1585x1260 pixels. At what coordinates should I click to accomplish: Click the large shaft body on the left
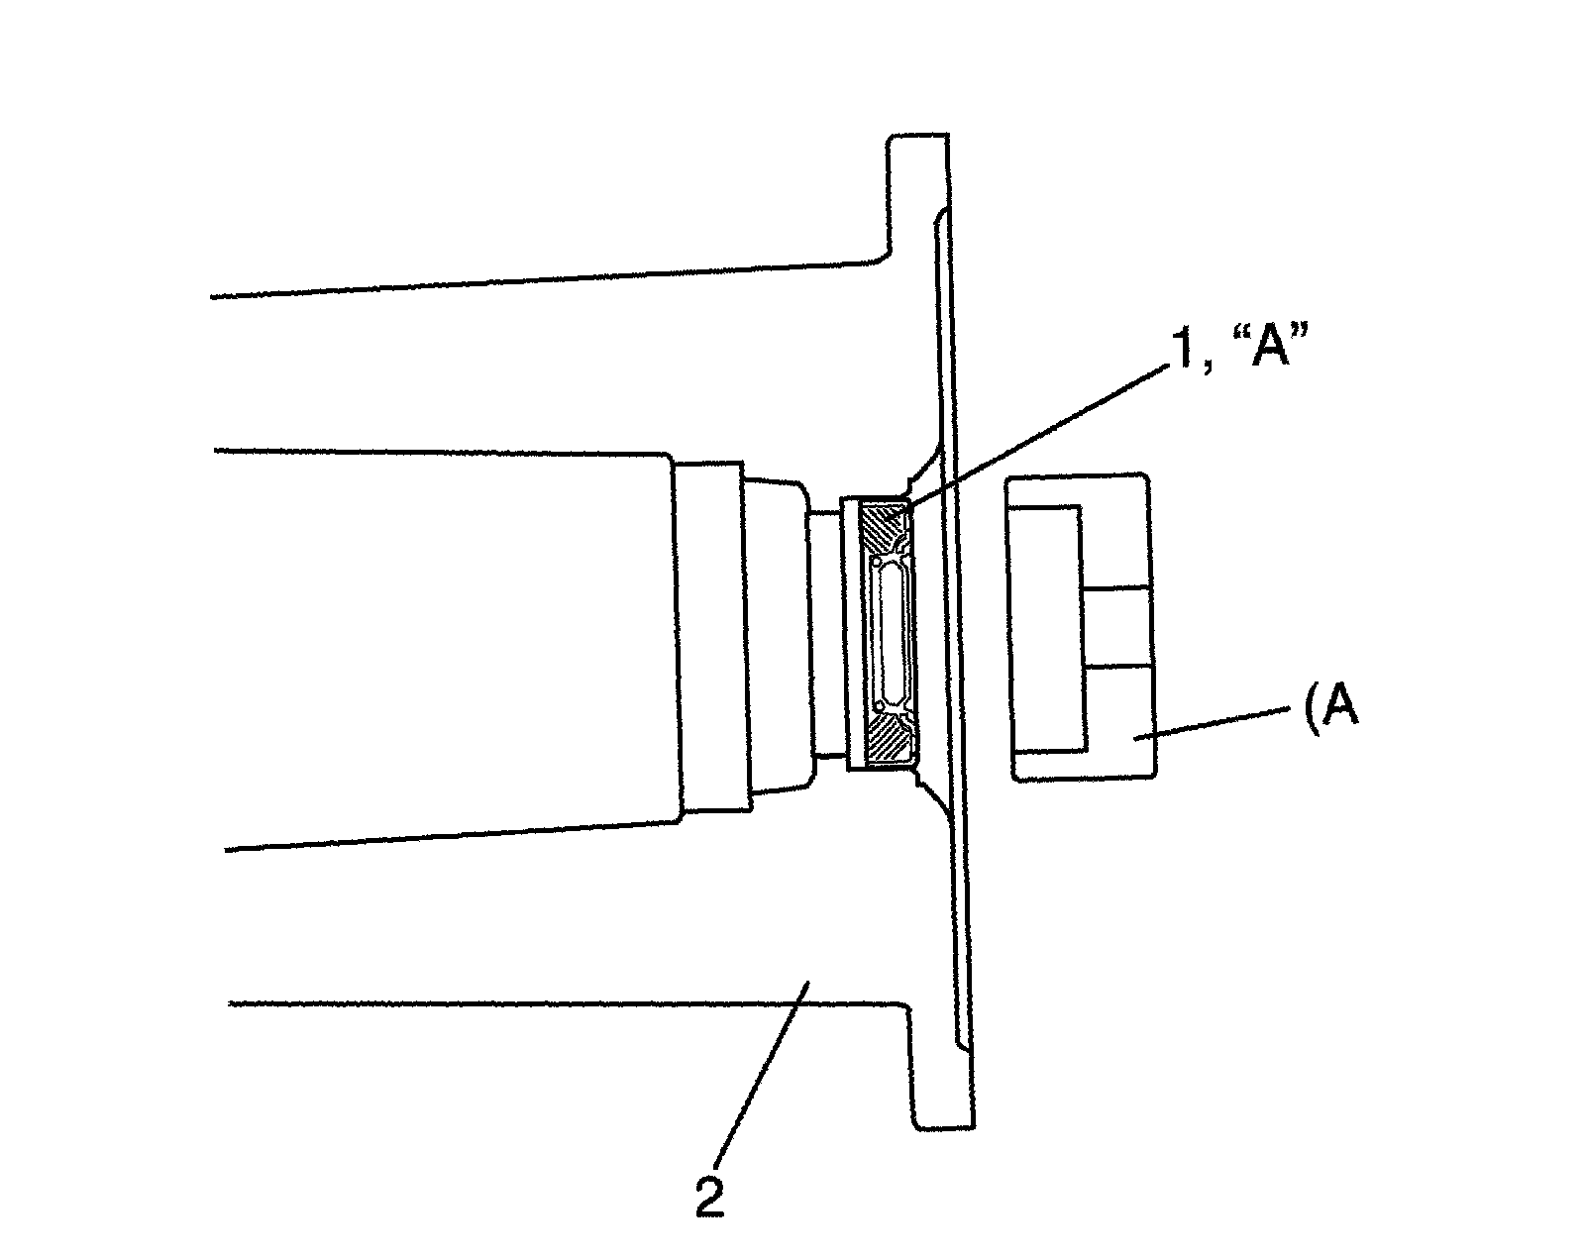[446, 644]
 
